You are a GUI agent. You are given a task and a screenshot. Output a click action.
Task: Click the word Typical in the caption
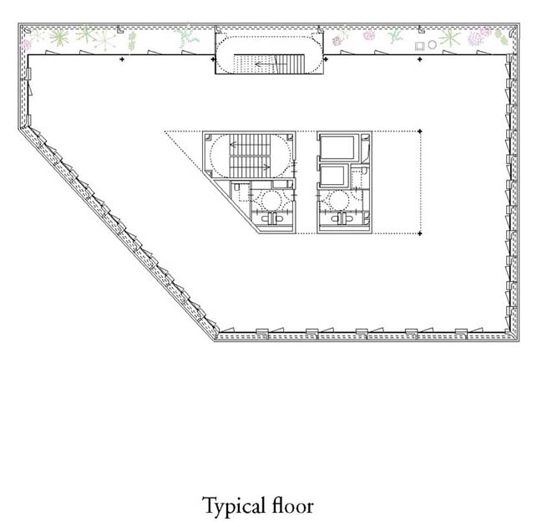pos(234,507)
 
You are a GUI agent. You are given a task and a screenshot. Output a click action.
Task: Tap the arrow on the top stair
pos(265,64)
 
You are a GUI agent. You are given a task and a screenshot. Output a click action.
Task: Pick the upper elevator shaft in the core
pos(337,148)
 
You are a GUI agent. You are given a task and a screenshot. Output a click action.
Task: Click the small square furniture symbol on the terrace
pos(419,46)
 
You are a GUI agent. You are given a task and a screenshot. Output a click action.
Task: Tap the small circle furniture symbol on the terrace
pos(432,44)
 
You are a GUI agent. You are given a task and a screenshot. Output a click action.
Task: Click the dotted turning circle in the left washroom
pos(271,200)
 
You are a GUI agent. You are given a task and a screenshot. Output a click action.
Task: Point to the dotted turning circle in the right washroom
pos(339,200)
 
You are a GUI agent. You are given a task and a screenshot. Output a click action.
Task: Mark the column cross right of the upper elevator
pos(420,131)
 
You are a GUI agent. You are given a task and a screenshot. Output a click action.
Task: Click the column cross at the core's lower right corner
pos(420,233)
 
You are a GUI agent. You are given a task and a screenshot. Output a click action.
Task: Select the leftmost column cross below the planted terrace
pos(122,59)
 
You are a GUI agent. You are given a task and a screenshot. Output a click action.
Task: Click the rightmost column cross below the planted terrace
pos(420,59)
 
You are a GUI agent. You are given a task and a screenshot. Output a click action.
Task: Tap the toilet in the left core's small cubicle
pos(237,187)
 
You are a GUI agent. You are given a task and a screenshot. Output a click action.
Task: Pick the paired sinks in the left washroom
pos(273,218)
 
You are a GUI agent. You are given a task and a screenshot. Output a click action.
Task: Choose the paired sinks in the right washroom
pos(342,218)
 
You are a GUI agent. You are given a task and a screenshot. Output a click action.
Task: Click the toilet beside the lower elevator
pos(364,171)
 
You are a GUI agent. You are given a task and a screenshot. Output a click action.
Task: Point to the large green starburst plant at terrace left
pos(59,37)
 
